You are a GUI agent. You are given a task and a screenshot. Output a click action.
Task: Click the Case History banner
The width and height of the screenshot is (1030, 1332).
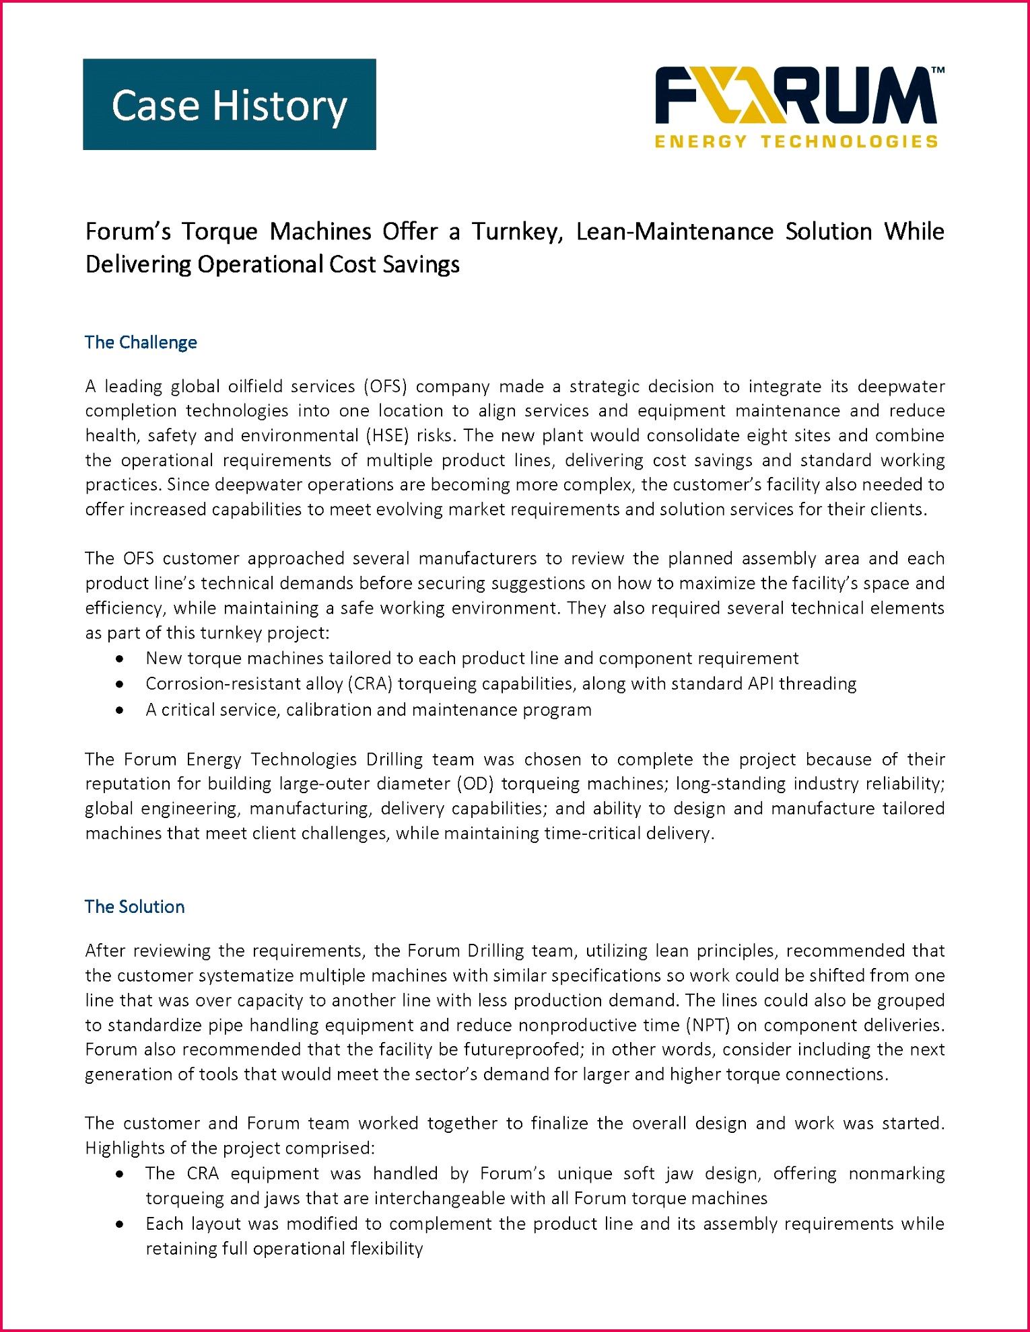pos(229,104)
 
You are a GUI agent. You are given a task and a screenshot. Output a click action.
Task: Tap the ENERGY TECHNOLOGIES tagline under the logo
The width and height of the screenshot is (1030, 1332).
pos(796,142)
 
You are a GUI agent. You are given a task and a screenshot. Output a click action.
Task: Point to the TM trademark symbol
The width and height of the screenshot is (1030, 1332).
pos(938,70)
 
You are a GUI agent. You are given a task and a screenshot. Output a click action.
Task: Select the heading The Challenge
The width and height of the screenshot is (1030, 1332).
pos(141,342)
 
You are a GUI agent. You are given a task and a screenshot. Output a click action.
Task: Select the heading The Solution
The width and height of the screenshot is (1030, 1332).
pos(135,907)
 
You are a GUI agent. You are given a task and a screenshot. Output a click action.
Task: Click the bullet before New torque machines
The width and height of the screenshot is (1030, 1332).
pos(119,658)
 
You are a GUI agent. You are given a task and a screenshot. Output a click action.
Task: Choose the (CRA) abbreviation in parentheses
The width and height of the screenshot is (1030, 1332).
pos(370,684)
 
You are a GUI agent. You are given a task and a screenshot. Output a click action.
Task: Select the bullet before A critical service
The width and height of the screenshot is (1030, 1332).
pos(119,710)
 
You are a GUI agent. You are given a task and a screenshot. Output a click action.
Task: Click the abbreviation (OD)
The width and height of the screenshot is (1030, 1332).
pos(475,784)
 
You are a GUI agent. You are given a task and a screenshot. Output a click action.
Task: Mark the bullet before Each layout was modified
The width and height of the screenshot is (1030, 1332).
pos(119,1224)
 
